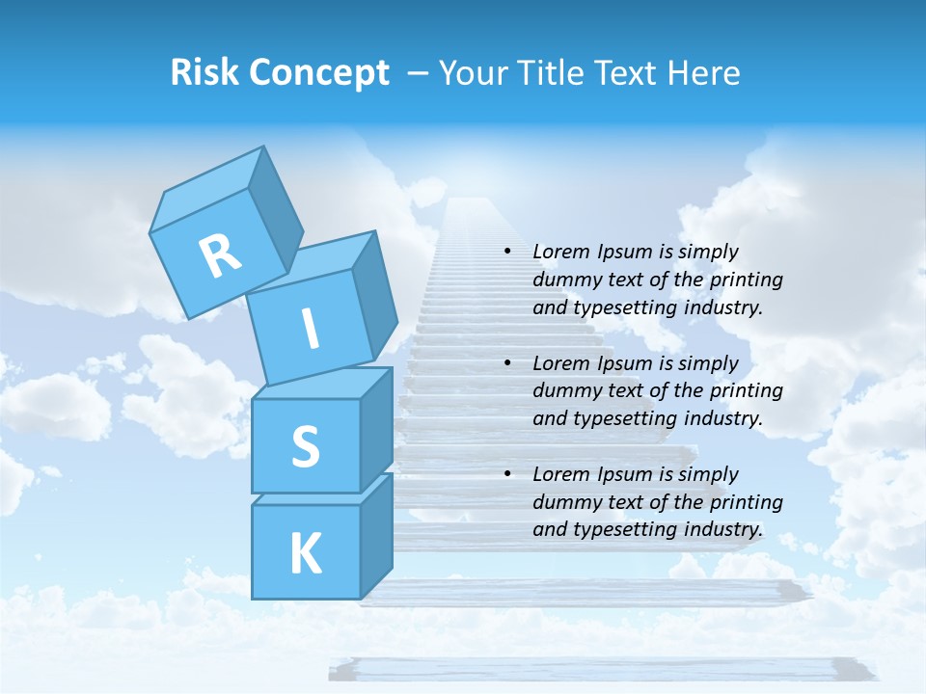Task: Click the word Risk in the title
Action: click(x=205, y=73)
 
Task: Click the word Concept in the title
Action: click(x=319, y=73)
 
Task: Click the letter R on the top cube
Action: click(x=220, y=256)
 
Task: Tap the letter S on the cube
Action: click(x=305, y=446)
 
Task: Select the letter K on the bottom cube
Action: click(x=305, y=553)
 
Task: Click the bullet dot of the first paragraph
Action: click(x=506, y=252)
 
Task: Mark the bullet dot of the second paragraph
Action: click(x=506, y=363)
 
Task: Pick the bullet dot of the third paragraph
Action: click(x=506, y=474)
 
